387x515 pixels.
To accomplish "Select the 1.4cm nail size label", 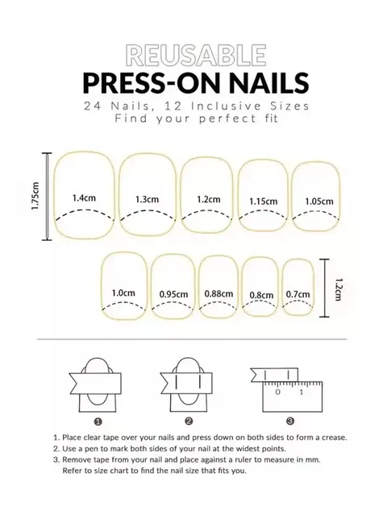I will [x=84, y=197].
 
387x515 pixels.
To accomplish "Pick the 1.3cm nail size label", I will [x=147, y=199].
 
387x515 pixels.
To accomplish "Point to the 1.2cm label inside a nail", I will [x=207, y=199].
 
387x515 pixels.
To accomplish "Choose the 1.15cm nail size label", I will [x=263, y=201].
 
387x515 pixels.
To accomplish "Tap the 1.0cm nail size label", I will [x=123, y=293].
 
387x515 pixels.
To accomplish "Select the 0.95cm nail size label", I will [x=173, y=293].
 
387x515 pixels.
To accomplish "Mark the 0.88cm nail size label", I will [x=218, y=293].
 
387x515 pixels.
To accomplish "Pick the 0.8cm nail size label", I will [x=260, y=295].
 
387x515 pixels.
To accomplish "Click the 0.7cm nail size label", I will [x=298, y=294].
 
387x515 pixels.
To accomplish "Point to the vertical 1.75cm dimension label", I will [x=36, y=196].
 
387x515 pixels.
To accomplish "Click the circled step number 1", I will [x=98, y=420].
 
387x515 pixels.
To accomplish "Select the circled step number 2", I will [x=189, y=420].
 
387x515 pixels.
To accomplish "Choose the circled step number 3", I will [x=290, y=420].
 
